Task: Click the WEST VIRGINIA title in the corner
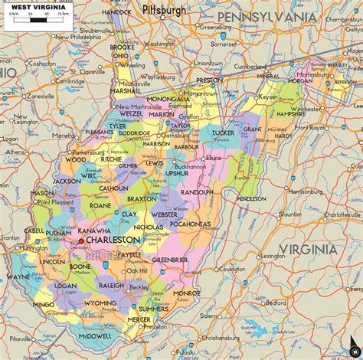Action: [32, 8]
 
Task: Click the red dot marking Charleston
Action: [82, 241]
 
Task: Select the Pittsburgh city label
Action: [164, 11]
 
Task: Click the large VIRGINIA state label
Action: [306, 249]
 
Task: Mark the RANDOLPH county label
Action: [197, 191]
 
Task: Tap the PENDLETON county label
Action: [251, 198]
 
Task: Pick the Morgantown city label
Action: [199, 93]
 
